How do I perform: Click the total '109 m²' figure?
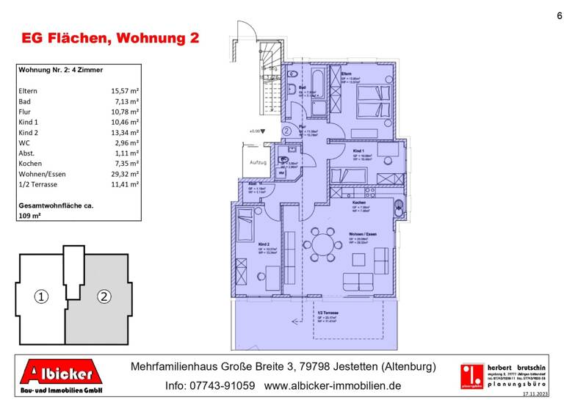(x=30, y=216)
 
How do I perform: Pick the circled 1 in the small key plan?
(x=41, y=297)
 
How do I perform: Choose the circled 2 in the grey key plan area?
(x=104, y=297)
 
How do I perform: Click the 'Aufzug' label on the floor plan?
(x=258, y=161)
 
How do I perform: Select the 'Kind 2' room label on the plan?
(x=263, y=244)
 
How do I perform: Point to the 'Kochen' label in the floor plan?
(x=359, y=203)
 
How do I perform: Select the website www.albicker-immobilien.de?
(x=333, y=385)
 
